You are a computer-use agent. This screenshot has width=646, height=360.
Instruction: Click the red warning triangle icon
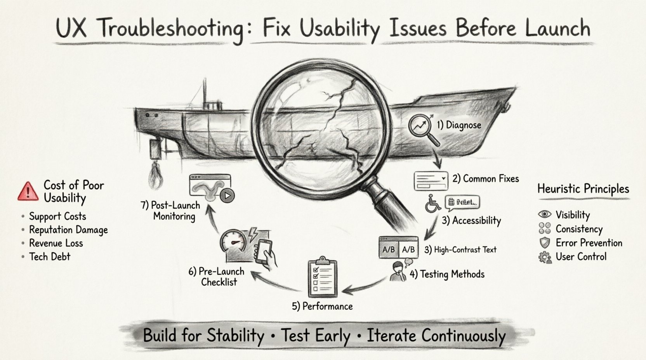click(28, 191)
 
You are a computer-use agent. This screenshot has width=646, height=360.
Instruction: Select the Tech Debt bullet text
click(50, 256)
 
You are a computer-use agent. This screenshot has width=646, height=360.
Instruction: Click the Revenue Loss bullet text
click(56, 243)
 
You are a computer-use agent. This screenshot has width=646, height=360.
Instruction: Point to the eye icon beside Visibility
click(545, 215)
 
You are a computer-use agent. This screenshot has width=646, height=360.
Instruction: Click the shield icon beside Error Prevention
click(545, 243)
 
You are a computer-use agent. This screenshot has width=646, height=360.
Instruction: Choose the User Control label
click(581, 256)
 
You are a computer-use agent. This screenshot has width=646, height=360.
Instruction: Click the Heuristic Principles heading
click(583, 189)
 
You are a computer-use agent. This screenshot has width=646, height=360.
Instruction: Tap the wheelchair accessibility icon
click(433, 204)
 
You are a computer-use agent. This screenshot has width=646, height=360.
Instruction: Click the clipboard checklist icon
click(322, 276)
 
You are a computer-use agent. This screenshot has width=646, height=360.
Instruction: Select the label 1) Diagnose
click(459, 125)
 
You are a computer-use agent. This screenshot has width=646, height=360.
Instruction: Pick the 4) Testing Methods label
click(447, 274)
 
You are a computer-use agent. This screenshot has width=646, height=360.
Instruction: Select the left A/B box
click(389, 249)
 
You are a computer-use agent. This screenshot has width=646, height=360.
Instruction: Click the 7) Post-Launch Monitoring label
click(170, 211)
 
